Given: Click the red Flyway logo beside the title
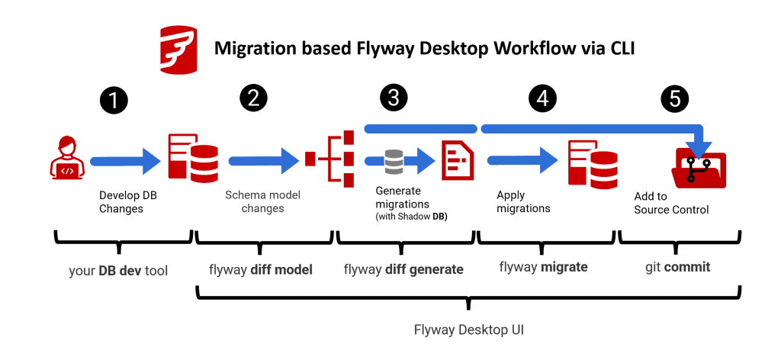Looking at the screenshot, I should click(x=178, y=48).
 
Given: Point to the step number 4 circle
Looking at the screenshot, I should click(x=542, y=99).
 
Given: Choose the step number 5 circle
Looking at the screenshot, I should click(x=676, y=99).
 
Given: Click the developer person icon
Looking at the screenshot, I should click(x=67, y=160).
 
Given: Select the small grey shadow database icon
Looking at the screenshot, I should click(x=394, y=160).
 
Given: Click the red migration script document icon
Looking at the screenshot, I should click(x=457, y=160).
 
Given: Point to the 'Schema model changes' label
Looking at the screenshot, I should click(x=262, y=202).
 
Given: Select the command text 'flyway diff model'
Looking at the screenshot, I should click(x=261, y=268).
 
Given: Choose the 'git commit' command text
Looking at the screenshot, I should click(x=675, y=267).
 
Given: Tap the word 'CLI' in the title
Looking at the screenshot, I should click(x=615, y=49).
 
